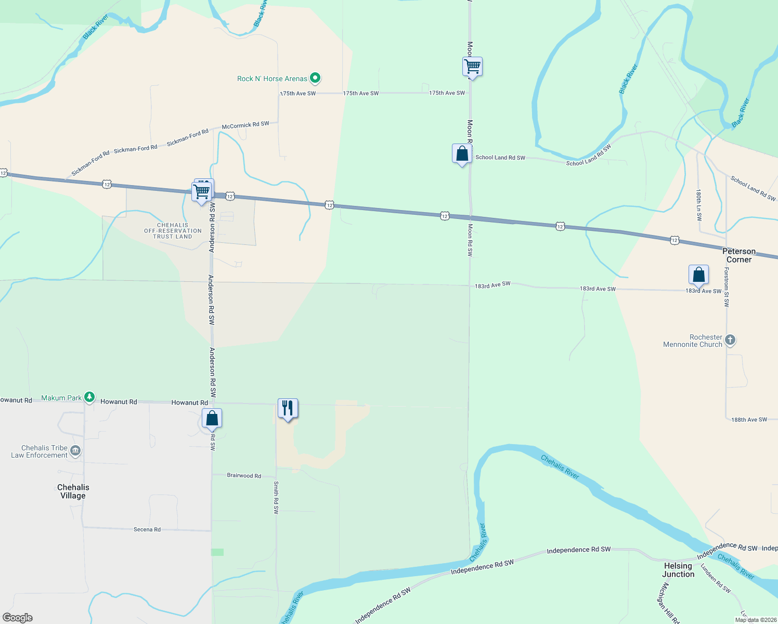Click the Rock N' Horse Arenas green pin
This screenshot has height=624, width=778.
point(315,79)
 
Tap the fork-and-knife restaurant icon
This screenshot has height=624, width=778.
point(288,409)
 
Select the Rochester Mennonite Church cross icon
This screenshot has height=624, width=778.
point(730,341)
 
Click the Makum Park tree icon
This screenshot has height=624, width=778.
point(89,398)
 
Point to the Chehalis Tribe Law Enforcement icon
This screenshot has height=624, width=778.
point(75,451)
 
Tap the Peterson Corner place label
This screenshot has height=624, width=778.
point(739,255)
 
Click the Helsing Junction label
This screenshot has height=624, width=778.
point(678,570)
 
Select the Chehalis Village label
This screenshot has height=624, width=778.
point(73,491)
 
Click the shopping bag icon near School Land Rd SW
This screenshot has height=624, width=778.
point(462,154)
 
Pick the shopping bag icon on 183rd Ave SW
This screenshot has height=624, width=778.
point(698,275)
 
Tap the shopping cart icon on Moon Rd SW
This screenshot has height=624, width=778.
point(472,67)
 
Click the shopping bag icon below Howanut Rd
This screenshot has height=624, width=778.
point(212,419)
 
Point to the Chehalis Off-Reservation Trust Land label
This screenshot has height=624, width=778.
point(173,231)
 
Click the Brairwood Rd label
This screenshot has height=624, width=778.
point(244,476)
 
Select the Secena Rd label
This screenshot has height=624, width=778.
point(147,529)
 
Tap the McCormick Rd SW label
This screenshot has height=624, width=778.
point(245,125)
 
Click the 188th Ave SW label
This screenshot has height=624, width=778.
point(749,420)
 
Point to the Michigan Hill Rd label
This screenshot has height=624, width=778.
point(669,603)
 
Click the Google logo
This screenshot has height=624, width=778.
point(18,617)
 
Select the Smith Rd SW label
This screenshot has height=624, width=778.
point(276,498)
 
